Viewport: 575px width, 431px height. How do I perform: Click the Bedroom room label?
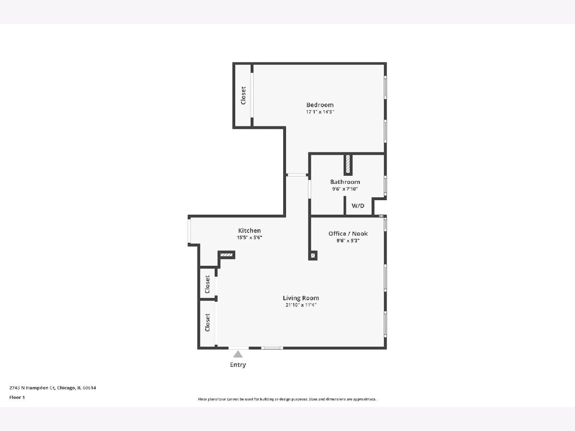tap(320, 105)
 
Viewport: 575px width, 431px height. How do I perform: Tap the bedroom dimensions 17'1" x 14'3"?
tap(320, 112)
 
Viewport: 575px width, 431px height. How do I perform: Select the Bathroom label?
tap(345, 182)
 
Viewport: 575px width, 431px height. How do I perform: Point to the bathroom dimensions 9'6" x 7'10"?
tap(345, 189)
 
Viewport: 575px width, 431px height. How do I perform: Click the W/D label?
tap(358, 206)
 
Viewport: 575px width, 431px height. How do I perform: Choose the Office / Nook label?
tap(348, 234)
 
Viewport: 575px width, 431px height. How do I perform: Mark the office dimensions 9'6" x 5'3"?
tap(348, 240)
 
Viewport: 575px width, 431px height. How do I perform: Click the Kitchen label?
tap(249, 230)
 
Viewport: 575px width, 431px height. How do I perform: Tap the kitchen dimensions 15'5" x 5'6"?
tap(249, 238)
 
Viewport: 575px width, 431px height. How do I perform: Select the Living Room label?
tap(301, 298)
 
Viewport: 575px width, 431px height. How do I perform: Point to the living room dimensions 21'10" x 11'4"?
tap(301, 305)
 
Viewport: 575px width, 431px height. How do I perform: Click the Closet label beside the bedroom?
tap(243, 95)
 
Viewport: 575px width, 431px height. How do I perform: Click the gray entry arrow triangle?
tap(238, 354)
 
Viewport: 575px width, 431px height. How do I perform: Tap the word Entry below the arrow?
tap(238, 365)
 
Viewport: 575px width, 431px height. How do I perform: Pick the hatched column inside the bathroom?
tap(348, 164)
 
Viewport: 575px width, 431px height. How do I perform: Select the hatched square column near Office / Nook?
tap(313, 255)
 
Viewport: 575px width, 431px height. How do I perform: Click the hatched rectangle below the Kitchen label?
tap(226, 255)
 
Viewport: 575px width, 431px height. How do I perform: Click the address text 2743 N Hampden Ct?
tap(32, 388)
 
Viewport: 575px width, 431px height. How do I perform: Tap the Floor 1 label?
tap(17, 397)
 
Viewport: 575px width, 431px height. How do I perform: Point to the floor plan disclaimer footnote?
tap(287, 399)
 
